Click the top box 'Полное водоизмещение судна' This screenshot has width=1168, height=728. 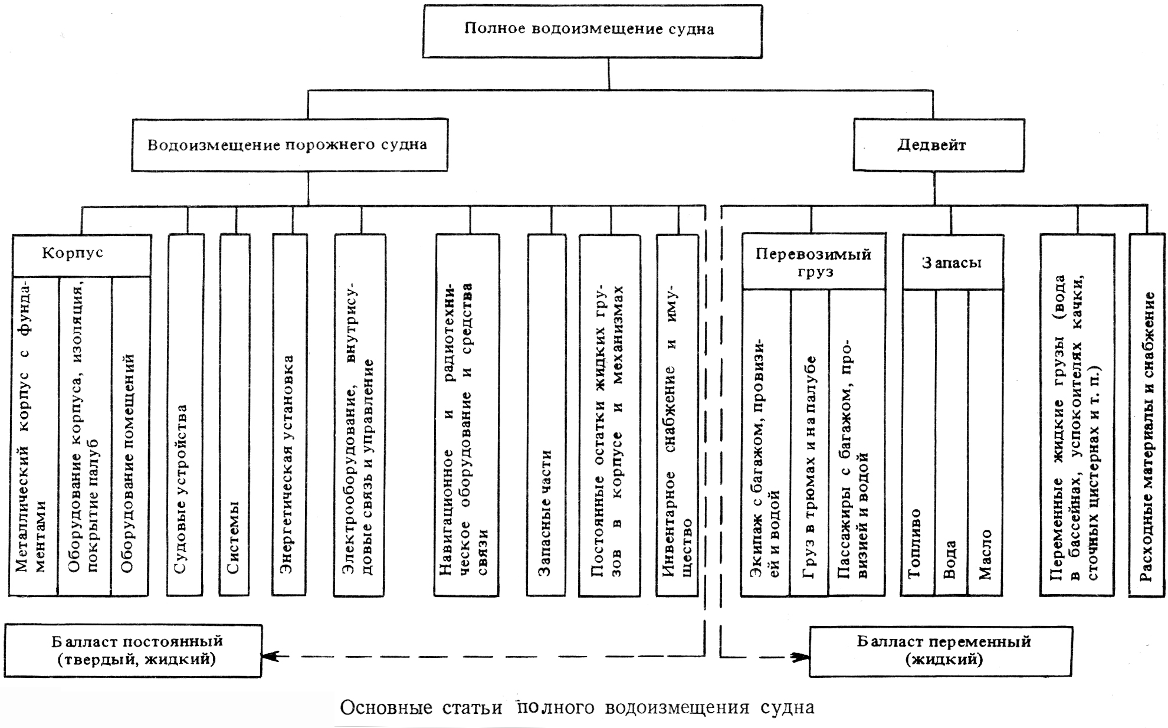(x=592, y=31)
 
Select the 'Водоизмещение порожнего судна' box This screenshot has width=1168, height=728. (x=289, y=145)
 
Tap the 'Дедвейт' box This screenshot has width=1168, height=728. (x=938, y=145)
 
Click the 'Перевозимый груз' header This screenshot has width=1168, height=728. (x=813, y=263)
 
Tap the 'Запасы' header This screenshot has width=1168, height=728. (x=952, y=263)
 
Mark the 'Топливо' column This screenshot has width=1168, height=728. (x=918, y=442)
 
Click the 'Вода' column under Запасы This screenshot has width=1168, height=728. (x=951, y=442)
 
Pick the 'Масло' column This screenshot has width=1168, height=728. (x=985, y=442)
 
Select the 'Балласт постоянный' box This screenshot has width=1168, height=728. (x=133, y=650)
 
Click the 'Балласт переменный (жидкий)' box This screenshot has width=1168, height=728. (x=940, y=650)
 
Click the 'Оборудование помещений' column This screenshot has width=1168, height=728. (x=129, y=437)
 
